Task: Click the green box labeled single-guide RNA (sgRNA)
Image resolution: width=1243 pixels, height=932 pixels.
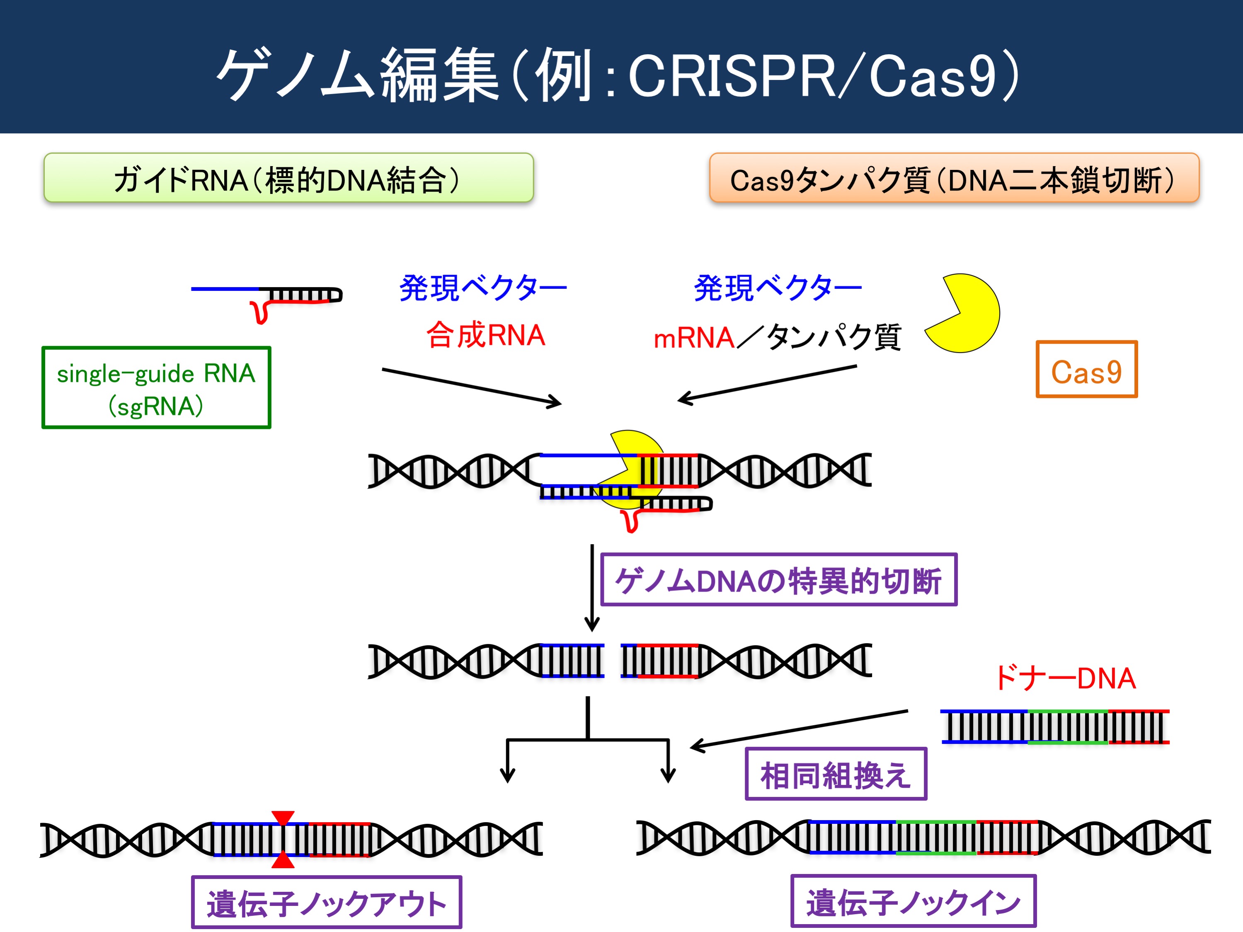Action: point(156,387)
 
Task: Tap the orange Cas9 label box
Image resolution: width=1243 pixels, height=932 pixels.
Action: point(1086,369)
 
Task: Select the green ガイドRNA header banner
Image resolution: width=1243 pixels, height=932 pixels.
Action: point(289,177)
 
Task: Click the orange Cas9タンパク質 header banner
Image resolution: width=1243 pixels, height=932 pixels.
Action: point(954,177)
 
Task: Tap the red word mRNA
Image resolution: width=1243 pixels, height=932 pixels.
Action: point(694,338)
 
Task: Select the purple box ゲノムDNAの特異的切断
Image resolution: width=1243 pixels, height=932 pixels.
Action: point(778,580)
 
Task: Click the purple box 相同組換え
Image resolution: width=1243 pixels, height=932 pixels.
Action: point(836,774)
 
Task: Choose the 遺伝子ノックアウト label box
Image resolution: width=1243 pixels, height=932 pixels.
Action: point(327,902)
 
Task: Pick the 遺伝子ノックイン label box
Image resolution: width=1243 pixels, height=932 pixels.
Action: point(913,901)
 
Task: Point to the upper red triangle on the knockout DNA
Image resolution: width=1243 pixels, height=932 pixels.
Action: point(283,817)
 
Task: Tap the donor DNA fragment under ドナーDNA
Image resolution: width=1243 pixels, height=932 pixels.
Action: point(1055,727)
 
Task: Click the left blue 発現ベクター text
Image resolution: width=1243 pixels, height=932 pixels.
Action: point(483,288)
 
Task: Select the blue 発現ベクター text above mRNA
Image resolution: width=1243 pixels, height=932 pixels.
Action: point(778,288)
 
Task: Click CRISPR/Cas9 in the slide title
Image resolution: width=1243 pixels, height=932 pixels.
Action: point(812,76)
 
